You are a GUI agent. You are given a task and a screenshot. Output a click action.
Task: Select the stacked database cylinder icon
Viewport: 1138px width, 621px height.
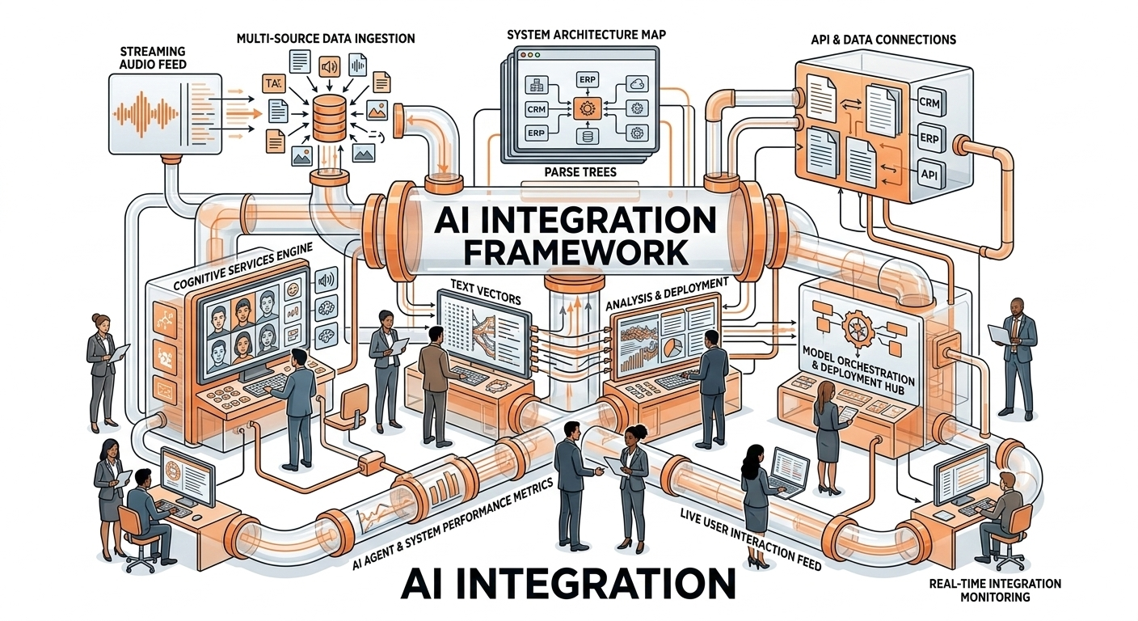click(x=328, y=116)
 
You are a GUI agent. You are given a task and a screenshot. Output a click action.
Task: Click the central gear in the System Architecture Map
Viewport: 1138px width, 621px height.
click(x=584, y=106)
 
